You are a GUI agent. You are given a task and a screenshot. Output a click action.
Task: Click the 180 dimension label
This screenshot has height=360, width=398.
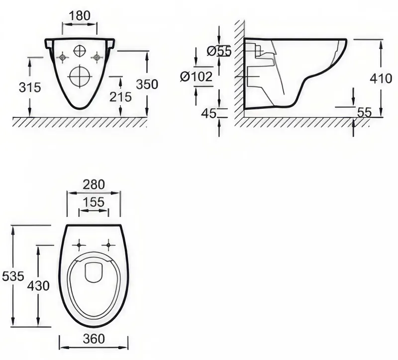[80, 16]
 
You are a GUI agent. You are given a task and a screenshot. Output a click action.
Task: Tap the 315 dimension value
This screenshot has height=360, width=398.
[30, 88]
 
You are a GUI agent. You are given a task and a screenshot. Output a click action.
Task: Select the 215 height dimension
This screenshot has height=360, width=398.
[120, 97]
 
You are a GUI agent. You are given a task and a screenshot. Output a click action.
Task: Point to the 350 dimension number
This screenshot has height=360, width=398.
[147, 84]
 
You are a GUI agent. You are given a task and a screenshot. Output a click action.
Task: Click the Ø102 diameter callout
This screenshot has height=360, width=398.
[196, 77]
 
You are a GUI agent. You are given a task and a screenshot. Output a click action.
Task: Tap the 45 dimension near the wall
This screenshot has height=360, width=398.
[208, 113]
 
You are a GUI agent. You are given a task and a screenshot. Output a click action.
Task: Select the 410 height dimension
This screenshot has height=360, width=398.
[381, 79]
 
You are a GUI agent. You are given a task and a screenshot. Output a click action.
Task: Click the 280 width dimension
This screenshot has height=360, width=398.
[94, 184]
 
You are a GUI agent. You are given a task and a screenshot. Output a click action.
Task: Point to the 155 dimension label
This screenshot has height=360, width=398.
[94, 202]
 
